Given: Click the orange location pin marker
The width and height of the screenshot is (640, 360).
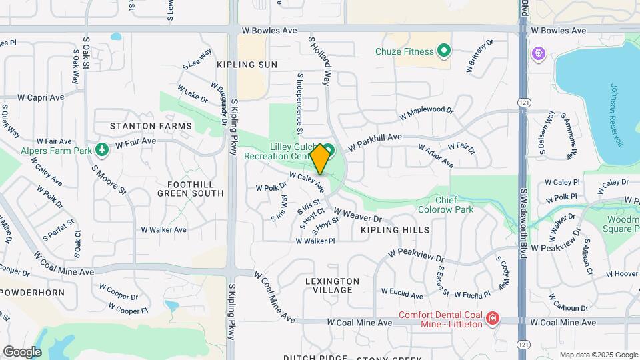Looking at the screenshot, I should click(x=320, y=159).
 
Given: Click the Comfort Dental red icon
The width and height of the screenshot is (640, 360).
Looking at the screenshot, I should click(x=493, y=319).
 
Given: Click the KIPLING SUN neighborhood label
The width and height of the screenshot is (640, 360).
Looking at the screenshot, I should click(x=247, y=65).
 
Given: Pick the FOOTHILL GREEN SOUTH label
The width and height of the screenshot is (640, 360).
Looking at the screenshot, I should click(x=191, y=189).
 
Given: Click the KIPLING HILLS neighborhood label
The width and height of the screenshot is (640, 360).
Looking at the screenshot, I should click(x=395, y=229).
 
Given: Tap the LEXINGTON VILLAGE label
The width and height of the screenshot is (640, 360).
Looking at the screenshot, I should click(x=333, y=285).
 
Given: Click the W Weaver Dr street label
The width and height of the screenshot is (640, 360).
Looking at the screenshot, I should click(x=357, y=215).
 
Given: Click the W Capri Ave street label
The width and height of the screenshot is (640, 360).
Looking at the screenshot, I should click(x=41, y=97).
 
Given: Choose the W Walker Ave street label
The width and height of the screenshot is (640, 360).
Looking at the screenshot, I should click(x=163, y=229).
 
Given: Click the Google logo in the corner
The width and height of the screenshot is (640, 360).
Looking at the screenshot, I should click(x=22, y=351).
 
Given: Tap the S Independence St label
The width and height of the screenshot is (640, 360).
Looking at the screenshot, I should click(x=301, y=101).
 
